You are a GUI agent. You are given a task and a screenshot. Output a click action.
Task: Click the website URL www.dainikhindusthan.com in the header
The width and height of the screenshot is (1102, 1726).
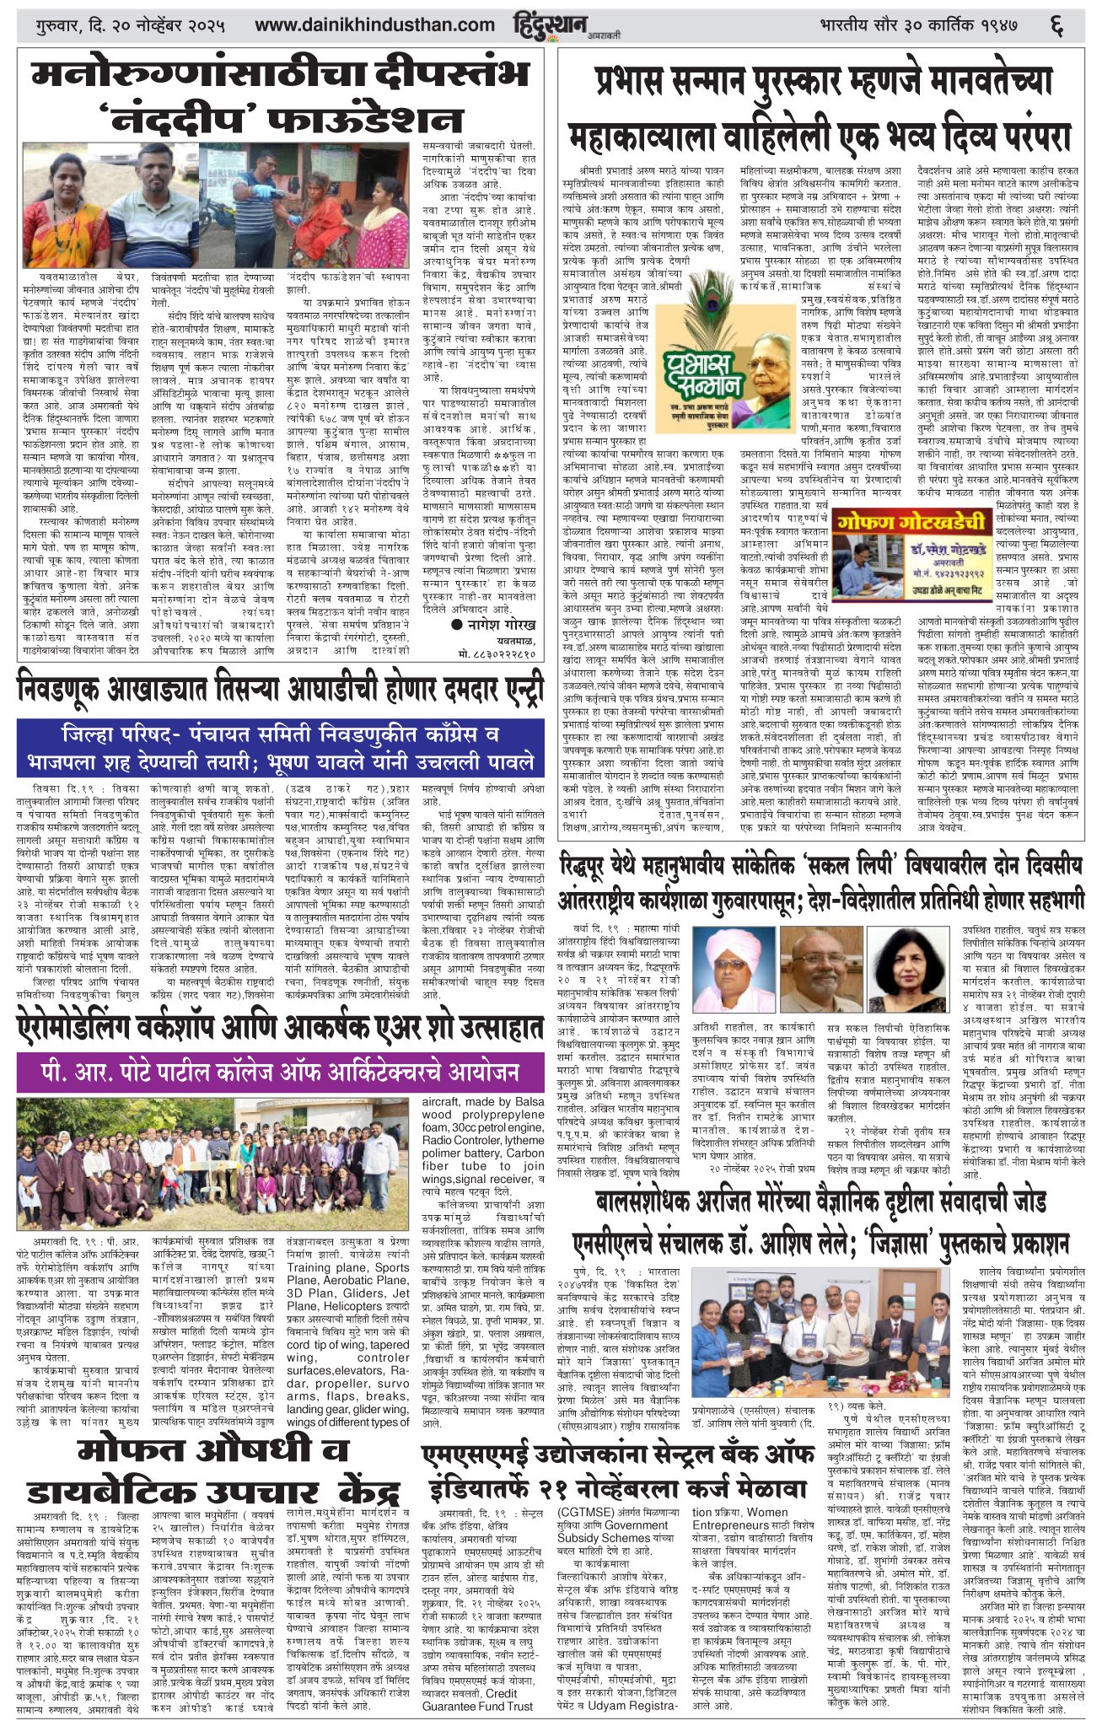pos(374,25)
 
